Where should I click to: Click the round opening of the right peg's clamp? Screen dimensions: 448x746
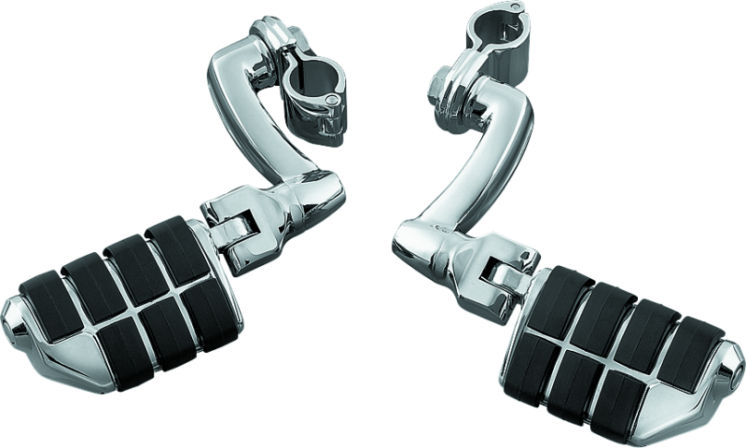point(484,22)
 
